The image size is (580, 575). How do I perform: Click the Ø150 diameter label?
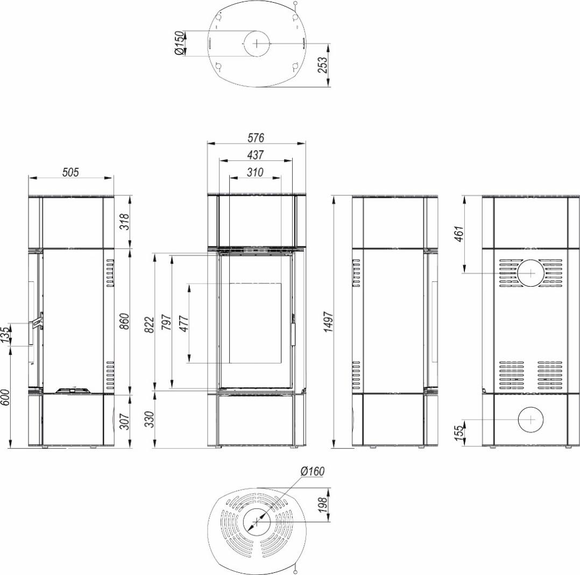pos(179,43)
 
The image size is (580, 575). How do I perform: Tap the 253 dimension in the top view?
pos(323,65)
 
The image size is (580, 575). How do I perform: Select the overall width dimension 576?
pos(256,138)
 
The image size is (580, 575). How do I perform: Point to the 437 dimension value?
pos(256,154)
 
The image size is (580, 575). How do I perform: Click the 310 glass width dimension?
pos(255,172)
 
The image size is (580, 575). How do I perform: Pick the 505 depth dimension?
pos(70,172)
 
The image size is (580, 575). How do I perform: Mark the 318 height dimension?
pos(126,222)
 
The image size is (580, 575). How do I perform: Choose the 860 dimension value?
pos(126,322)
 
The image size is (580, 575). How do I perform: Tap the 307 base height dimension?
pos(126,421)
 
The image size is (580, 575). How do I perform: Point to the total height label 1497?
pos(329,322)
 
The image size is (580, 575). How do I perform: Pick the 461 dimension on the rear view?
pos(458,234)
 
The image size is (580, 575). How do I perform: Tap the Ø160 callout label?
pos(313,472)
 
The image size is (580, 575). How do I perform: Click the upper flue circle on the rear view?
pos(531,260)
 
